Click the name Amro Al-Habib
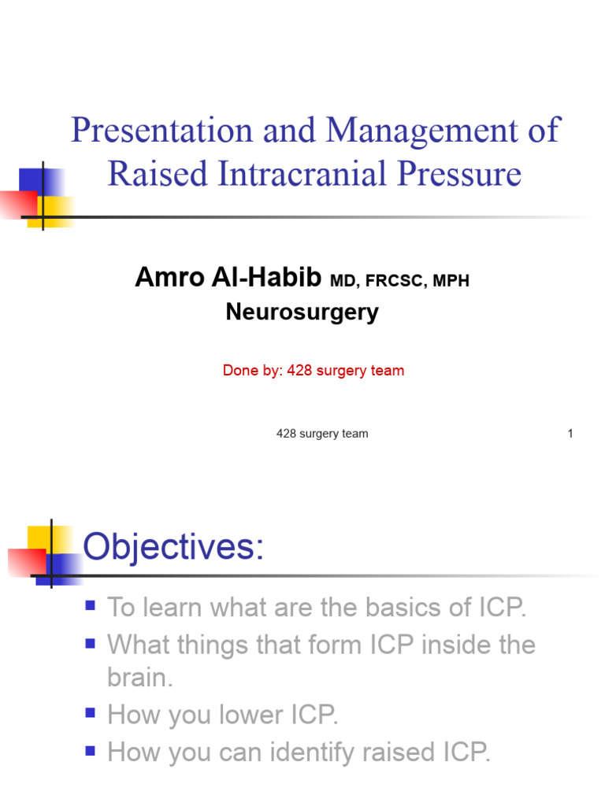(228, 278)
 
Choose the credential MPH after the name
(451, 281)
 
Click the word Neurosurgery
(302, 312)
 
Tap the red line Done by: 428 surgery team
(314, 371)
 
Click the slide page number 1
(570, 434)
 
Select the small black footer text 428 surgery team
(322, 434)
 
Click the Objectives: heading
(173, 546)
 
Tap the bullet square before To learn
(91, 606)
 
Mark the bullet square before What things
(91, 644)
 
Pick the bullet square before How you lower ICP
(91, 714)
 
